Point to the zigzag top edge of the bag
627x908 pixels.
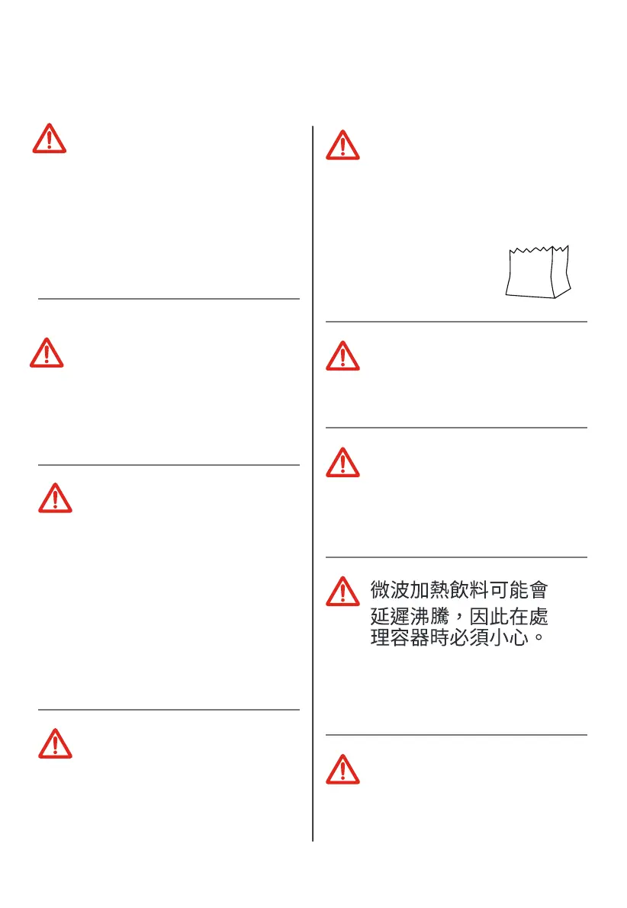tap(537, 249)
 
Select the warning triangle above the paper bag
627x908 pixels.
tap(342, 145)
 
